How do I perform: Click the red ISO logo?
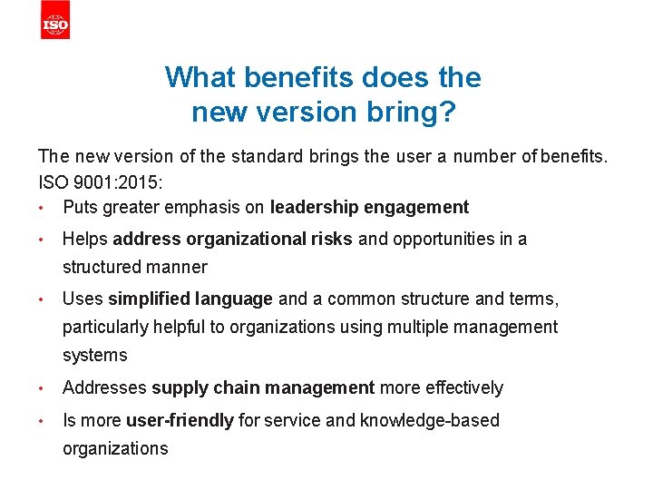pos(55,23)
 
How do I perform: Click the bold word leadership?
pos(314,207)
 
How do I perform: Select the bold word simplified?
pos(145,299)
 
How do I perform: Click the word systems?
pos(95,355)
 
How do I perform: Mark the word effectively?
pos(460,388)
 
